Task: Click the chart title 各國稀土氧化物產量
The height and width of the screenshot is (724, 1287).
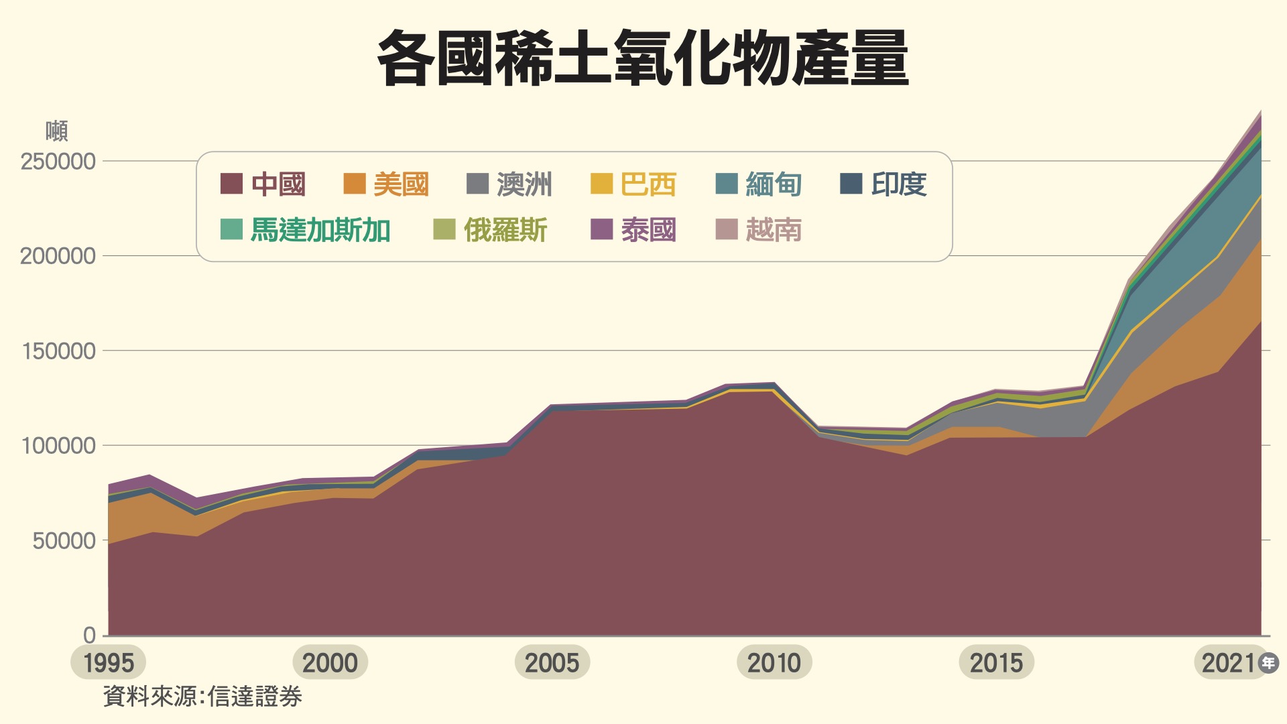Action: (x=643, y=59)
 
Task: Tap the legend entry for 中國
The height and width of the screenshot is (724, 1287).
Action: (x=263, y=184)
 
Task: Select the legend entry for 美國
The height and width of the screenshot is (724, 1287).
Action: (x=386, y=184)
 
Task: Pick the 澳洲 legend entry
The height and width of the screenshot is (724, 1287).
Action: (x=509, y=184)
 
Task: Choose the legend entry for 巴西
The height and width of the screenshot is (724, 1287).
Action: (x=633, y=184)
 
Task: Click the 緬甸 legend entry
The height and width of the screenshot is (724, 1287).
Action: (x=759, y=184)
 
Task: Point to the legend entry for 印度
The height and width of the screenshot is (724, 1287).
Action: (x=883, y=184)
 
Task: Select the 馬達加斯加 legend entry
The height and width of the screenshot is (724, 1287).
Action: (x=306, y=230)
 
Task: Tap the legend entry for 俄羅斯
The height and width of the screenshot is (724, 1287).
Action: (x=491, y=230)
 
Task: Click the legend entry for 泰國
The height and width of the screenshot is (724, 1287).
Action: (x=633, y=230)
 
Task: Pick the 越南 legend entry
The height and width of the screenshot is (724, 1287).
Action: (x=759, y=230)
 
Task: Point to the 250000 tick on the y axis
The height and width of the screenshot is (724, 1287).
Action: (x=58, y=162)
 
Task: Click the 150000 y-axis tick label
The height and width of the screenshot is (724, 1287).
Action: (x=58, y=351)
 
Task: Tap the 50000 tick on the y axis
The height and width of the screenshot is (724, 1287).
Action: (x=64, y=541)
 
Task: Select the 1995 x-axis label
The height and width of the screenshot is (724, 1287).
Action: (x=109, y=663)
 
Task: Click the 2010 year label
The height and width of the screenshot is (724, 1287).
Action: (x=774, y=663)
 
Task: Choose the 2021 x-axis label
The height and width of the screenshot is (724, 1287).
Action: (x=1228, y=663)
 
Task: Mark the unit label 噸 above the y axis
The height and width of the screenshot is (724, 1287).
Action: (x=57, y=131)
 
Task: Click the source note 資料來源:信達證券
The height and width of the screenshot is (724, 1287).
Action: (x=202, y=697)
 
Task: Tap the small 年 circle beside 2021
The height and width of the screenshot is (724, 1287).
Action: (x=1268, y=663)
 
